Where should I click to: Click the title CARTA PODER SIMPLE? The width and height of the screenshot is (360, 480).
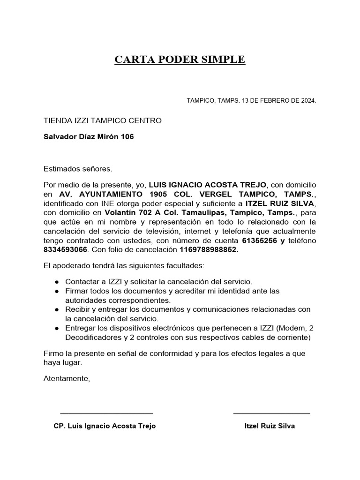pos(180,60)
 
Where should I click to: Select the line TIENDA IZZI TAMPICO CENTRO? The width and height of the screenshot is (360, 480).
pos(102,120)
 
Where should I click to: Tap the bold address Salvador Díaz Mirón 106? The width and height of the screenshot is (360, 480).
pos(89,137)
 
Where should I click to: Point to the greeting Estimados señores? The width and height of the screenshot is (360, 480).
pos(78,168)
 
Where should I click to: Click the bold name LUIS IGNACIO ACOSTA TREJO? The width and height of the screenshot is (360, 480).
pos(207,185)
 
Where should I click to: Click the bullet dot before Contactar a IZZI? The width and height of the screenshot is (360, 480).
pos(57,282)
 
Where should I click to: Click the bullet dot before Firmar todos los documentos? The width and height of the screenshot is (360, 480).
pos(57,292)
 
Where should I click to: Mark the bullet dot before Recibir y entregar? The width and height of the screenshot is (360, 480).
pos(57,310)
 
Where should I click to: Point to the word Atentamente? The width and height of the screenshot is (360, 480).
pos(66,378)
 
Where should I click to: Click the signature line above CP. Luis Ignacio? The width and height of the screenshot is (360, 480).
pos(106,413)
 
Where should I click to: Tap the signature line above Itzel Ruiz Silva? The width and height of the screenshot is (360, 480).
pos(271,413)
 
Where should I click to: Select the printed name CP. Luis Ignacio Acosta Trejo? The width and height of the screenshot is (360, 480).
pos(105,426)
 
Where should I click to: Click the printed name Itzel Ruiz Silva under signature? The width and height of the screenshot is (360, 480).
pos(270,426)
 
